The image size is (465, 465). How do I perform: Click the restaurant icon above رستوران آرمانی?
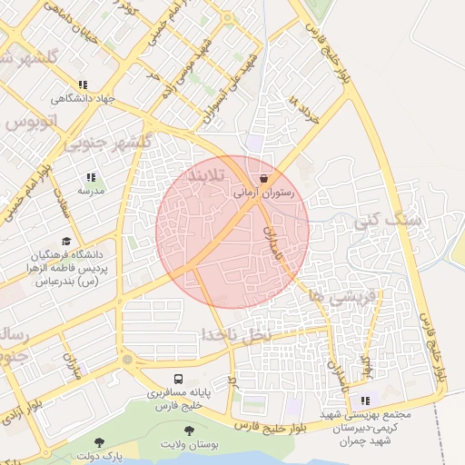[x=263, y=180]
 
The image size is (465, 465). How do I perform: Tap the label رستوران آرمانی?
[x=263, y=193]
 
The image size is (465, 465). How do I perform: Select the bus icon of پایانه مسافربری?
[x=178, y=380]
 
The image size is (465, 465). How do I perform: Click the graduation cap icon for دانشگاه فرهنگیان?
[x=65, y=242]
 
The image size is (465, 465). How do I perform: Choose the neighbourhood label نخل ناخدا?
[x=236, y=336]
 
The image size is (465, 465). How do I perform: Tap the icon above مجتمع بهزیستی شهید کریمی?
[x=365, y=401]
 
